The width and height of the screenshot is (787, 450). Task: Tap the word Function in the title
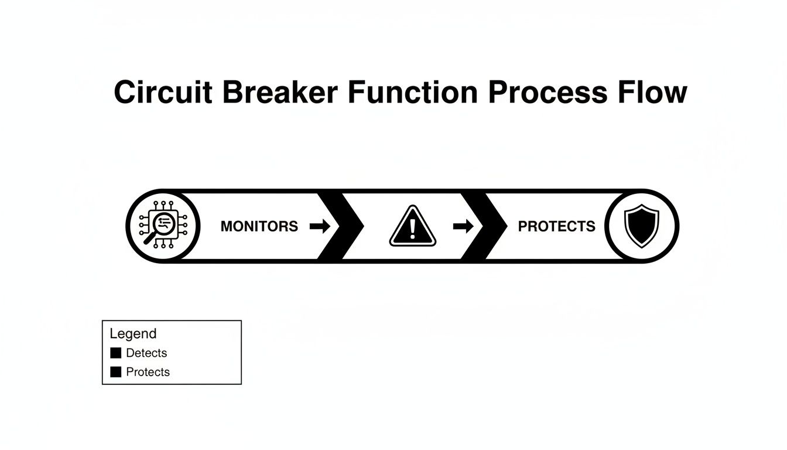tap(413, 93)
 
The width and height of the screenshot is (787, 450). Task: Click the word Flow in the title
tap(651, 93)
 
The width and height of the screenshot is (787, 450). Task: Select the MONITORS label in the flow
tap(259, 226)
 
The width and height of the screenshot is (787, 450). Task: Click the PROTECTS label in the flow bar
tap(556, 226)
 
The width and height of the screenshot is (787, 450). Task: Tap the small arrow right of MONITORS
tap(320, 226)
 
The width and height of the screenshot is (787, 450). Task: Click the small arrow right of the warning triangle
tap(463, 226)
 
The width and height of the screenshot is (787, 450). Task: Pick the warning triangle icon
tap(413, 227)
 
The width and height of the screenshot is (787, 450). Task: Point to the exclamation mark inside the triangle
tap(413, 229)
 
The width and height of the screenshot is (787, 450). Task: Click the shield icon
tap(641, 226)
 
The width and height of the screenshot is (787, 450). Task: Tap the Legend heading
tap(133, 334)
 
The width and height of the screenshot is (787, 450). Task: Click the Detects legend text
tap(146, 353)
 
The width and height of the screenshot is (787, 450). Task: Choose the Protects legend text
tap(148, 372)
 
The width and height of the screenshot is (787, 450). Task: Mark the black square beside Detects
tap(116, 353)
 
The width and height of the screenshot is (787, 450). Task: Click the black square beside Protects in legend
tap(116, 372)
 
